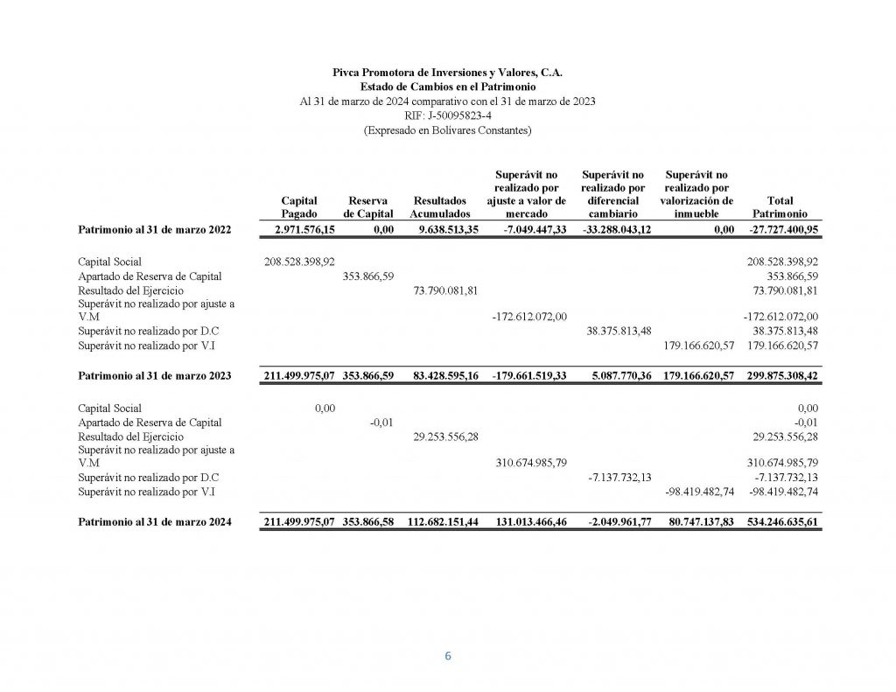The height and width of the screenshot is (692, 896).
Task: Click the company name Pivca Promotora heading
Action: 447,73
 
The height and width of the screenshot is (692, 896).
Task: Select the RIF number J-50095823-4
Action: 447,115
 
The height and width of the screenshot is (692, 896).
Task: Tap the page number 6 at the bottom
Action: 448,657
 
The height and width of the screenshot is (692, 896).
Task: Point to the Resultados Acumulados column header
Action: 440,206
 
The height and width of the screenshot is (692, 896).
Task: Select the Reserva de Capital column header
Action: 368,206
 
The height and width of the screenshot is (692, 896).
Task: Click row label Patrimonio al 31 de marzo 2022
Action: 154,229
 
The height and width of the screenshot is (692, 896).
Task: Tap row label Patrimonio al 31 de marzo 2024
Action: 154,522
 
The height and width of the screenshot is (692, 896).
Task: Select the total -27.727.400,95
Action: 783,229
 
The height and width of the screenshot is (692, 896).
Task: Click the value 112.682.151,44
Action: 442,522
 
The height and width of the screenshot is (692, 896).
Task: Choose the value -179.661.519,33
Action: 528,376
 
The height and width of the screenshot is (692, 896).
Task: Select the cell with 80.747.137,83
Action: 697,522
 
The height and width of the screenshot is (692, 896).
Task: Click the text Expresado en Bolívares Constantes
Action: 447,130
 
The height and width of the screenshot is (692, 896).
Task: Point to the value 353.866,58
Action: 368,522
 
